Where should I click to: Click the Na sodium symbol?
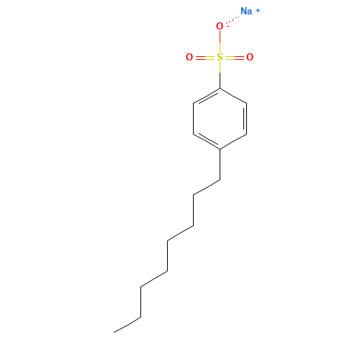[246, 11]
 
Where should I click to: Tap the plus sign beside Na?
[258, 11]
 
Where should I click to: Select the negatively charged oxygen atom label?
[220, 26]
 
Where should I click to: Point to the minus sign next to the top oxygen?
[228, 26]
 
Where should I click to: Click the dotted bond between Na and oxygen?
[233, 19]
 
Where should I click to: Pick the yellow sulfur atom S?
[220, 57]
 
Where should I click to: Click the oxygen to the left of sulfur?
[189, 57]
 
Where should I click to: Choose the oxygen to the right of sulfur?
[250, 57]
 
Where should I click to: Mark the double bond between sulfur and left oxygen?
[204, 58]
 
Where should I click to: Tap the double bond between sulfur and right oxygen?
[235, 58]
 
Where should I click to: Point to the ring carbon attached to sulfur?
[220, 89]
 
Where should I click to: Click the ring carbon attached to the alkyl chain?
[220, 149]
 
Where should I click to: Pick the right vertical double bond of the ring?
[246, 119]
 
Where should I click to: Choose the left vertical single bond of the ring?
[194, 119]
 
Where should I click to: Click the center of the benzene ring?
[220, 119]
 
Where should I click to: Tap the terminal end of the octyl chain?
[114, 333]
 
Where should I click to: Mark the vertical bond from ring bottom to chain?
[220, 164]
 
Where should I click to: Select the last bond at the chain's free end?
[127, 325]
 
